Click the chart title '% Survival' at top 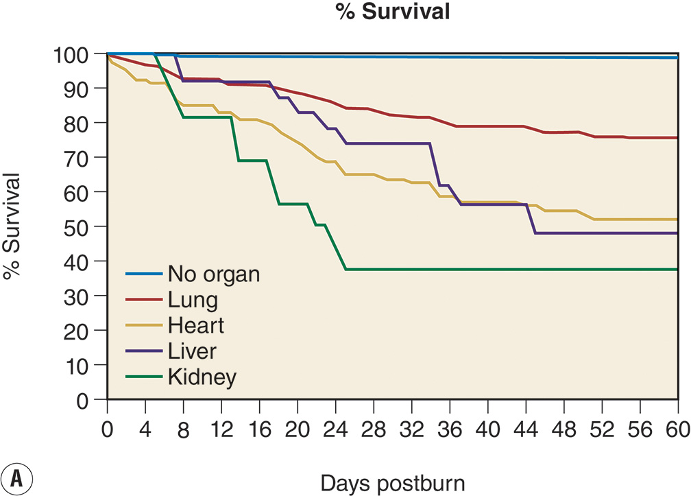[393, 13]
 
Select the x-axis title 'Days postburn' [392, 483]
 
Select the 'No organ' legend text [214, 274]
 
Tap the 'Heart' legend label [195, 326]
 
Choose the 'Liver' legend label [192, 351]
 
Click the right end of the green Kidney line [677, 270]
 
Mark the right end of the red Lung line [677, 138]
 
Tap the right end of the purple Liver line [677, 233]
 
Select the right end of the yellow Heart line [677, 220]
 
